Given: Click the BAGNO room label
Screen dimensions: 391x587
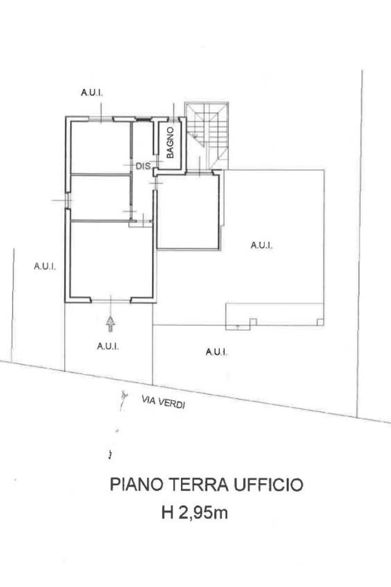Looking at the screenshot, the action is pyautogui.click(x=170, y=143).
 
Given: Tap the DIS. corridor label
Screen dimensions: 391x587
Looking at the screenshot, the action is pyautogui.click(x=144, y=166).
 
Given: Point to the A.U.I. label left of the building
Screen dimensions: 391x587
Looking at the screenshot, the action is pyautogui.click(x=45, y=266).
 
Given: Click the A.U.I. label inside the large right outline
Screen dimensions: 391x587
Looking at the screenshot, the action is pyautogui.click(x=262, y=245).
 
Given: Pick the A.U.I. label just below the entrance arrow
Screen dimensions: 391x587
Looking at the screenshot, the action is pyautogui.click(x=108, y=347).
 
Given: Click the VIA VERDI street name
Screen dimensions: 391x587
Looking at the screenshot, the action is pyautogui.click(x=163, y=402).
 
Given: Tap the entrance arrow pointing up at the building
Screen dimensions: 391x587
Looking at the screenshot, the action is pyautogui.click(x=111, y=324).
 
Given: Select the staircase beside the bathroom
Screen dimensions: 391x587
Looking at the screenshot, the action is pyautogui.click(x=207, y=136).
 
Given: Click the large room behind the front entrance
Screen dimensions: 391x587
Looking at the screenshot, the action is pyautogui.click(x=111, y=259).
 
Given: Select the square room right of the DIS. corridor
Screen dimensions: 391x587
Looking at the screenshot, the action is pyautogui.click(x=188, y=211).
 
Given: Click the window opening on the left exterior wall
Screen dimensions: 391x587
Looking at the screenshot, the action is pyautogui.click(x=68, y=201).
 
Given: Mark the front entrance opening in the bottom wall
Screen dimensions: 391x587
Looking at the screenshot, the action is pyautogui.click(x=111, y=300).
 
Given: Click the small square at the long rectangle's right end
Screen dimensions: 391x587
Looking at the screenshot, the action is pyautogui.click(x=320, y=322).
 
